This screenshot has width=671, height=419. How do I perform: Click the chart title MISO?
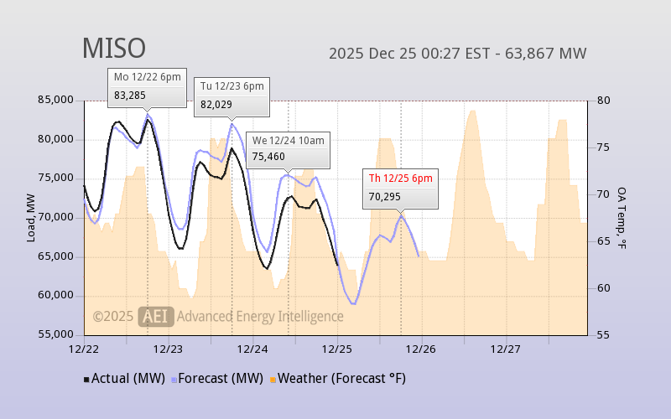click(x=113, y=49)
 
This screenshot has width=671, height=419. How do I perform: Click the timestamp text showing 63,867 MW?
click(x=457, y=54)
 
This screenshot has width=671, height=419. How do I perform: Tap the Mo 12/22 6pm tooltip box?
click(x=148, y=86)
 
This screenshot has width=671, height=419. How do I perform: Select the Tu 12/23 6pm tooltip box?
click(x=232, y=96)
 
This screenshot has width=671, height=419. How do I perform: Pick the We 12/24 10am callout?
click(x=289, y=148)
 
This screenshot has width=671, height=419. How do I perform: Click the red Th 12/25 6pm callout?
click(x=401, y=187)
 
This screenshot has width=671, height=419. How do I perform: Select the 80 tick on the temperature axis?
click(x=602, y=101)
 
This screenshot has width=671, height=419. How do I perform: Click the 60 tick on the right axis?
click(x=602, y=288)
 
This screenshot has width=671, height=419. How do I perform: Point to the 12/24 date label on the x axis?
click(x=252, y=349)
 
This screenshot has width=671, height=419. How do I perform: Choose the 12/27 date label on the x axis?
click(x=506, y=349)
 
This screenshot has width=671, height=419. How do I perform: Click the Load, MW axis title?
click(x=31, y=217)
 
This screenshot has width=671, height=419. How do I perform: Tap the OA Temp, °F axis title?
click(x=622, y=218)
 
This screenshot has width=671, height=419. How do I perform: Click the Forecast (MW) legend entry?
click(x=217, y=379)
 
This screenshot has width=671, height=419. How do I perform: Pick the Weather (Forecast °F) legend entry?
click(x=338, y=379)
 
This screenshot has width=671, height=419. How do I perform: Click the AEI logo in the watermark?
click(x=156, y=316)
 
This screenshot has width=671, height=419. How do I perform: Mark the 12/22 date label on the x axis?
click(x=84, y=349)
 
